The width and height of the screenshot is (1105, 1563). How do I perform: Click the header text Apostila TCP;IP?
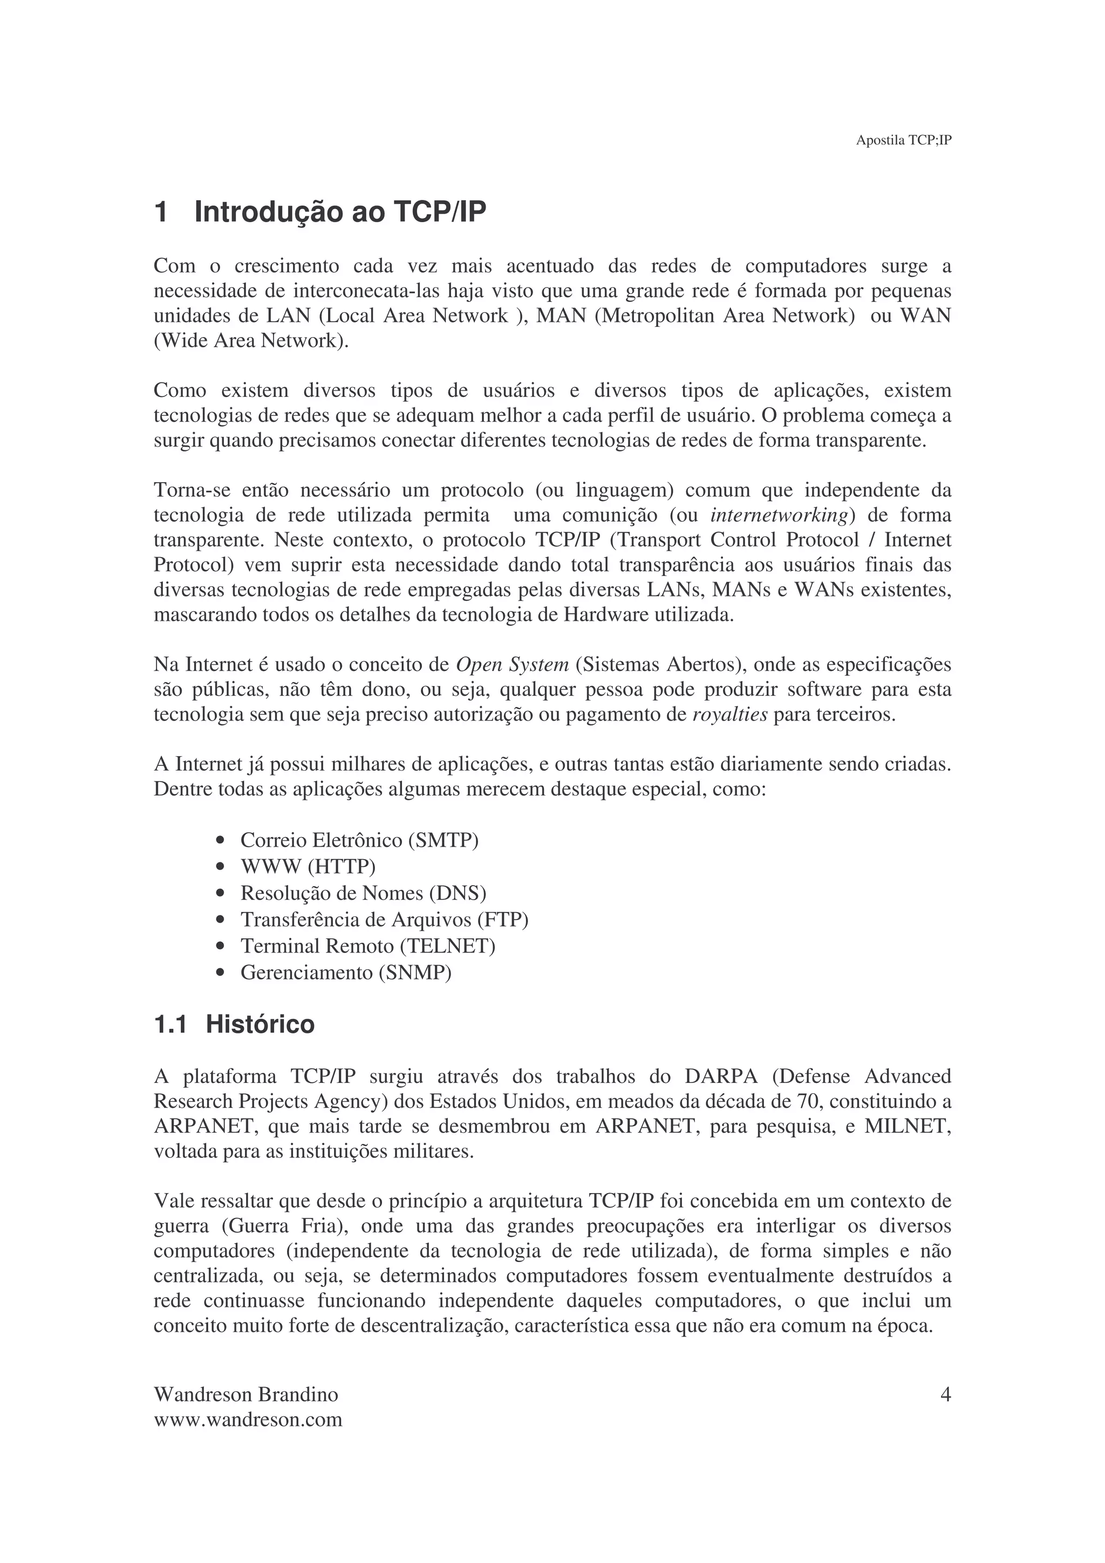(x=903, y=140)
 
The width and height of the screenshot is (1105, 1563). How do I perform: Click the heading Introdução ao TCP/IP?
(x=340, y=212)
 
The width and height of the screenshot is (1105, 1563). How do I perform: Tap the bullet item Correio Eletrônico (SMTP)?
(x=359, y=840)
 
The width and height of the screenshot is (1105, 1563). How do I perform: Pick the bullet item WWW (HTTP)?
(x=308, y=867)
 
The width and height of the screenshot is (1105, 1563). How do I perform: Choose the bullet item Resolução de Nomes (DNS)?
(x=363, y=893)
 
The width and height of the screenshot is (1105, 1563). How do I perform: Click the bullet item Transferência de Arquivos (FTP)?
(x=384, y=920)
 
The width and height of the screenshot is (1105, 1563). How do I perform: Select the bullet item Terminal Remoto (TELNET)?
(x=367, y=946)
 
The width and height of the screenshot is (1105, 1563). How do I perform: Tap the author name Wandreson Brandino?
(x=246, y=1396)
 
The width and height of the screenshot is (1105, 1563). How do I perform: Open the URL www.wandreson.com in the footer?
(x=248, y=1420)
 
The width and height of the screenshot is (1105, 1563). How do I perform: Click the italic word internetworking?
(x=778, y=515)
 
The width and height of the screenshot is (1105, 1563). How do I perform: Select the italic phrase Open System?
(x=512, y=664)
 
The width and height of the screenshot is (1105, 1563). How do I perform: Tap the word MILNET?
(x=908, y=1127)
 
